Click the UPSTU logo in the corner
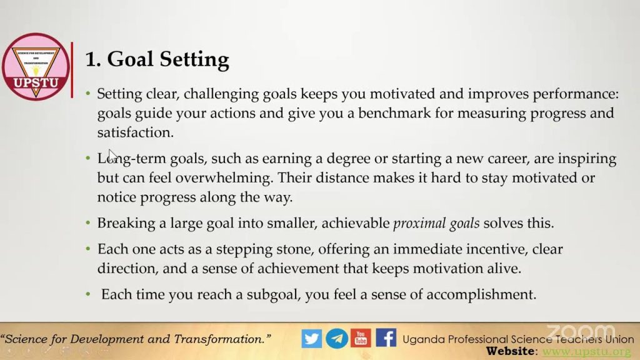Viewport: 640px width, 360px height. [36, 66]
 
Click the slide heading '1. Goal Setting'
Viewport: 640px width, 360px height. [157, 59]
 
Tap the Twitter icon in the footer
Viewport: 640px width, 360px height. [312, 338]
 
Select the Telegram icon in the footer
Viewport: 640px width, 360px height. [337, 338]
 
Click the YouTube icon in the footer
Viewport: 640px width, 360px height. [361, 338]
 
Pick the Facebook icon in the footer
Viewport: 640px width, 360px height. [386, 338]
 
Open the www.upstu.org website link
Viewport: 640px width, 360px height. [586, 351]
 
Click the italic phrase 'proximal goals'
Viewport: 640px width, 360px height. [436, 223]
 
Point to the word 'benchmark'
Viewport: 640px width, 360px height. [394, 113]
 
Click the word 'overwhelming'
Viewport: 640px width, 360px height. [224, 178]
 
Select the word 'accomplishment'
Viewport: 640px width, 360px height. [481, 295]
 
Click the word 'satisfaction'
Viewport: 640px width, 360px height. [135, 132]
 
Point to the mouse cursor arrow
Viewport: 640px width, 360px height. [112, 156]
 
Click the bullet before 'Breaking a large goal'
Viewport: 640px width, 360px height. [87, 223]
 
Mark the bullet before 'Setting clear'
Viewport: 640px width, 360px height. [87, 94]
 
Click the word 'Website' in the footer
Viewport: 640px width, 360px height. [510, 351]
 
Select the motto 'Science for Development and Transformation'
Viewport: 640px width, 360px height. [136, 339]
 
